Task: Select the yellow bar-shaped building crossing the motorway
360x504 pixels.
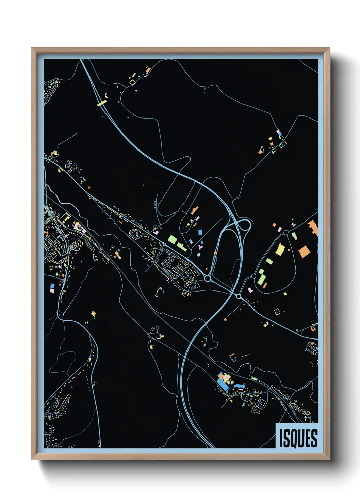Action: click(x=102, y=103)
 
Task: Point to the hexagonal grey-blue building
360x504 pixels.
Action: click(x=199, y=255)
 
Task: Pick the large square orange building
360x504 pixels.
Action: click(x=304, y=251)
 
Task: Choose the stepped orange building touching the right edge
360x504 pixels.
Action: click(x=313, y=228)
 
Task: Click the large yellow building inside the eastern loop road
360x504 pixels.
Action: click(x=280, y=249)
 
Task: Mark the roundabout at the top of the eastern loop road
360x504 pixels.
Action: click(x=286, y=233)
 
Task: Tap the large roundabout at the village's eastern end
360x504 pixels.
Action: click(x=207, y=279)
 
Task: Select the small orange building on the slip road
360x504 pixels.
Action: click(x=215, y=253)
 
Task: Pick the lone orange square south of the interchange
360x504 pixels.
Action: click(x=225, y=319)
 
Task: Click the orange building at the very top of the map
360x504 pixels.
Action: click(x=148, y=70)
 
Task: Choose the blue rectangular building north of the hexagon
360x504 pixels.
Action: click(x=200, y=232)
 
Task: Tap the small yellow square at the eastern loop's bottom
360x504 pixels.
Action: click(x=285, y=294)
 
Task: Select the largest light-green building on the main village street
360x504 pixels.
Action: click(x=173, y=239)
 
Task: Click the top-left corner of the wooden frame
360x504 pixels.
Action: click(x=32, y=48)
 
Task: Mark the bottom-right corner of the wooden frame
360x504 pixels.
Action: click(x=329, y=459)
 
